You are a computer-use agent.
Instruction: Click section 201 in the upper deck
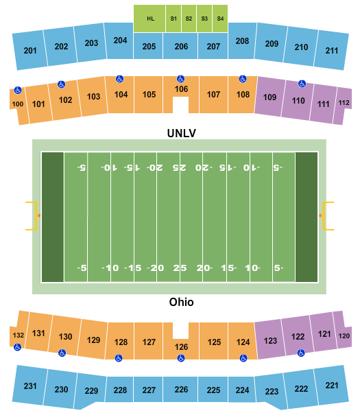click(x=30, y=50)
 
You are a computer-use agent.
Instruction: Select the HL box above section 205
click(x=150, y=18)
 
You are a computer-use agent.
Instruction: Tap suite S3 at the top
click(x=204, y=18)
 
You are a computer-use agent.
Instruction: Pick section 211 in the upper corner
click(x=332, y=50)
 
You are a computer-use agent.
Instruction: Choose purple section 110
click(x=298, y=101)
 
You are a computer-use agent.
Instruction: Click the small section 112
click(x=344, y=103)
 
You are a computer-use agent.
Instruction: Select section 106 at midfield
click(x=181, y=89)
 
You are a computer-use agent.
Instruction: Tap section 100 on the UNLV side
click(x=17, y=104)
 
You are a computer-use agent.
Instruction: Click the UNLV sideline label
click(x=182, y=133)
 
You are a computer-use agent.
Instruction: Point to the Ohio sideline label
click(x=182, y=302)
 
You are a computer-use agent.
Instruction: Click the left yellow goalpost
click(x=31, y=215)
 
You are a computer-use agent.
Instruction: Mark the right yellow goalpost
click(x=328, y=215)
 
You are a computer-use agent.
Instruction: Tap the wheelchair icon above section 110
click(x=301, y=84)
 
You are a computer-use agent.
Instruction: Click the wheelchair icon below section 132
click(x=17, y=347)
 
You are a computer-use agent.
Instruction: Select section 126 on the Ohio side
click(x=180, y=346)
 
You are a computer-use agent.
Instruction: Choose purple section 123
click(x=271, y=340)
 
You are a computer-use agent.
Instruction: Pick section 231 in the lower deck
click(x=30, y=386)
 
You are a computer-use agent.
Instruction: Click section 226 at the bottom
click(x=181, y=390)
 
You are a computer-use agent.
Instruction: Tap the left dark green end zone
click(x=53, y=216)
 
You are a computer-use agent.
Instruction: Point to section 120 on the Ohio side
click(x=344, y=335)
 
